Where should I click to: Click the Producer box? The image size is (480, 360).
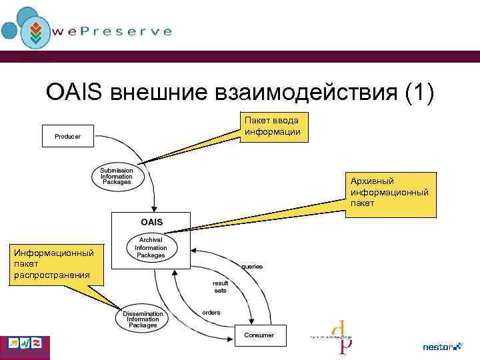(x=67, y=136)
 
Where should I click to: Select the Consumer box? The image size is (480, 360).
(x=259, y=335)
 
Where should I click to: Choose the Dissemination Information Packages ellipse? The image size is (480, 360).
(x=143, y=319)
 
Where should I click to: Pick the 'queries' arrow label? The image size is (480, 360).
(x=251, y=267)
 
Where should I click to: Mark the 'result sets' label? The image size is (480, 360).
(x=220, y=287)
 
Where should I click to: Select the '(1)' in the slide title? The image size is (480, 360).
(x=418, y=93)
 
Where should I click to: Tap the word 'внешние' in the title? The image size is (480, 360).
(x=139, y=93)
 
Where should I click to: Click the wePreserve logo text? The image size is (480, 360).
(x=121, y=31)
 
